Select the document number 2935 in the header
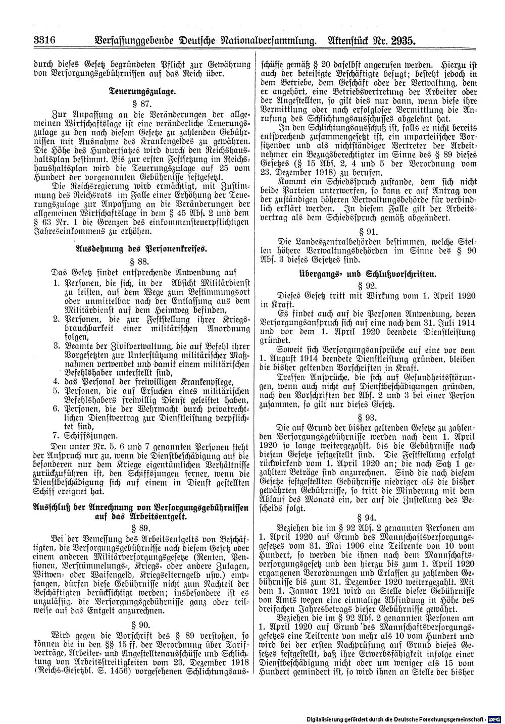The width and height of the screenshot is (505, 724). tap(397, 39)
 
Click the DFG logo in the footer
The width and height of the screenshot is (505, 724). tap(494, 717)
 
